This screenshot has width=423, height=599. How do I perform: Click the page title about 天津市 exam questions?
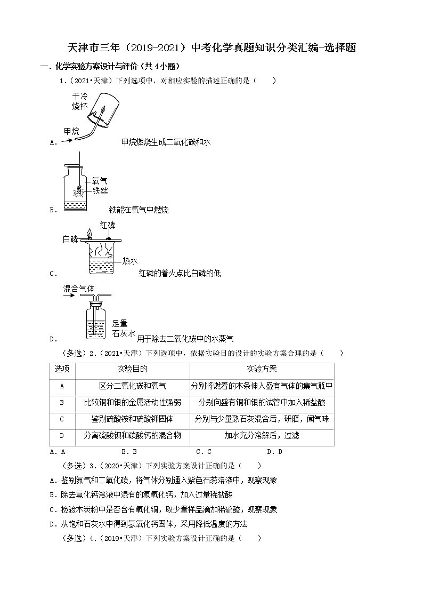(x=211, y=48)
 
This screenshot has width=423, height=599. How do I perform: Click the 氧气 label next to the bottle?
(x=100, y=181)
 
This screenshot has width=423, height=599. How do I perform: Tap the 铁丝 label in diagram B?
(x=100, y=190)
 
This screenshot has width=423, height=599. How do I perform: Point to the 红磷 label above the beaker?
(x=108, y=226)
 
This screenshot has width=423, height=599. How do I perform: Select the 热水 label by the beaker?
(x=130, y=261)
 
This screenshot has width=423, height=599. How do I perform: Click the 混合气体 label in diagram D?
(x=79, y=289)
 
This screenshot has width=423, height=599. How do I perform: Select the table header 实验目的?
(x=132, y=369)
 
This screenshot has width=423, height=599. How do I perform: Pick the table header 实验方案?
(x=262, y=369)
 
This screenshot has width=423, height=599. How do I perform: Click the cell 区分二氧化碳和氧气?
(x=132, y=386)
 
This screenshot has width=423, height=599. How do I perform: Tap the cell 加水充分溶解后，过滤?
(x=262, y=435)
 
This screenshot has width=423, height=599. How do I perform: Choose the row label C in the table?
(x=62, y=419)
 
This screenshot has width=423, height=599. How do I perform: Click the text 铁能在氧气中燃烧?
(x=139, y=210)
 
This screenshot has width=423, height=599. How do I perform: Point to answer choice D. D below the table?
(x=274, y=452)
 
